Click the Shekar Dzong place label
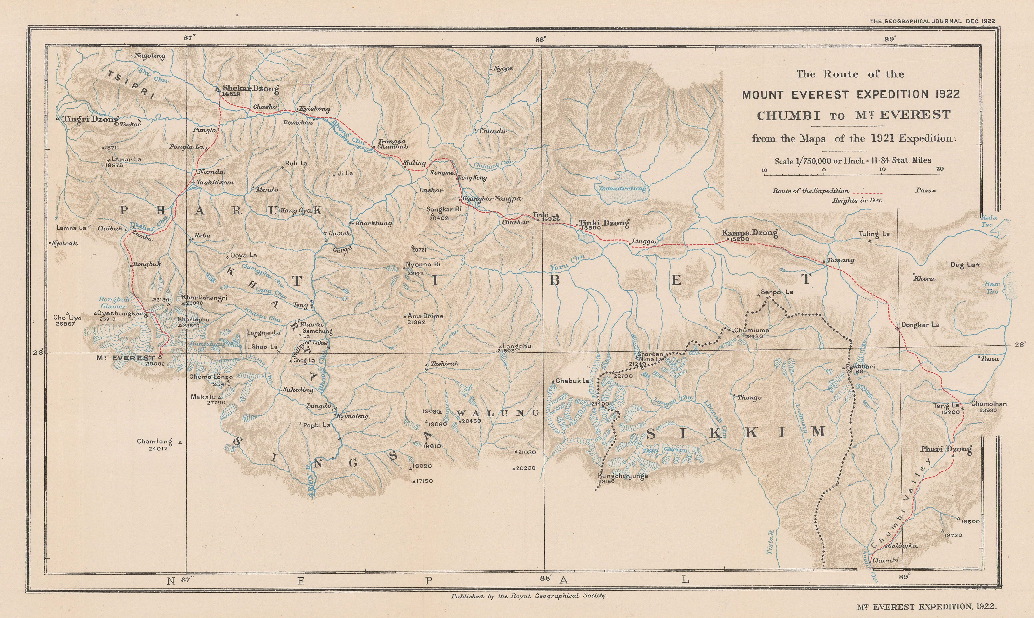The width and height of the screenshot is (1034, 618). pos(250,88)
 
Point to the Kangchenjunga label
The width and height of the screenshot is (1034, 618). pos(623,476)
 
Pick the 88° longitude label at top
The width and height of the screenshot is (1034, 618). pos(540,40)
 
